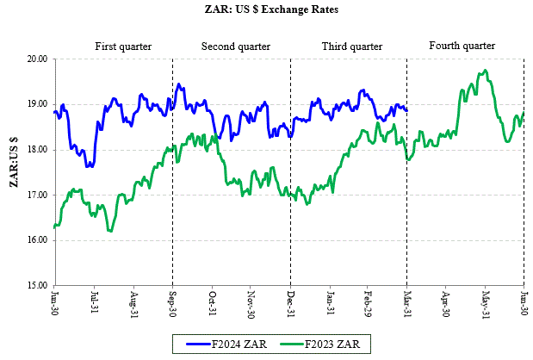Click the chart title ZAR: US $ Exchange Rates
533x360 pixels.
[267, 10]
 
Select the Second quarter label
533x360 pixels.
[236, 46]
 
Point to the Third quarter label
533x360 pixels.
[351, 46]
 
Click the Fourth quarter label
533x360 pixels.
[462, 45]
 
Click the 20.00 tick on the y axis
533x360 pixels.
[36, 59]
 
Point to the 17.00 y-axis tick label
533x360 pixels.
[36, 195]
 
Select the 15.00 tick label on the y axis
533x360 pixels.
[36, 285]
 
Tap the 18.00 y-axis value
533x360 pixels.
[36, 150]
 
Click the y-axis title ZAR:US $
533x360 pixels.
[13, 172]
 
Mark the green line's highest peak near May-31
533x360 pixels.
[486, 71]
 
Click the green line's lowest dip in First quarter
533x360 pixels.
[110, 231]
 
